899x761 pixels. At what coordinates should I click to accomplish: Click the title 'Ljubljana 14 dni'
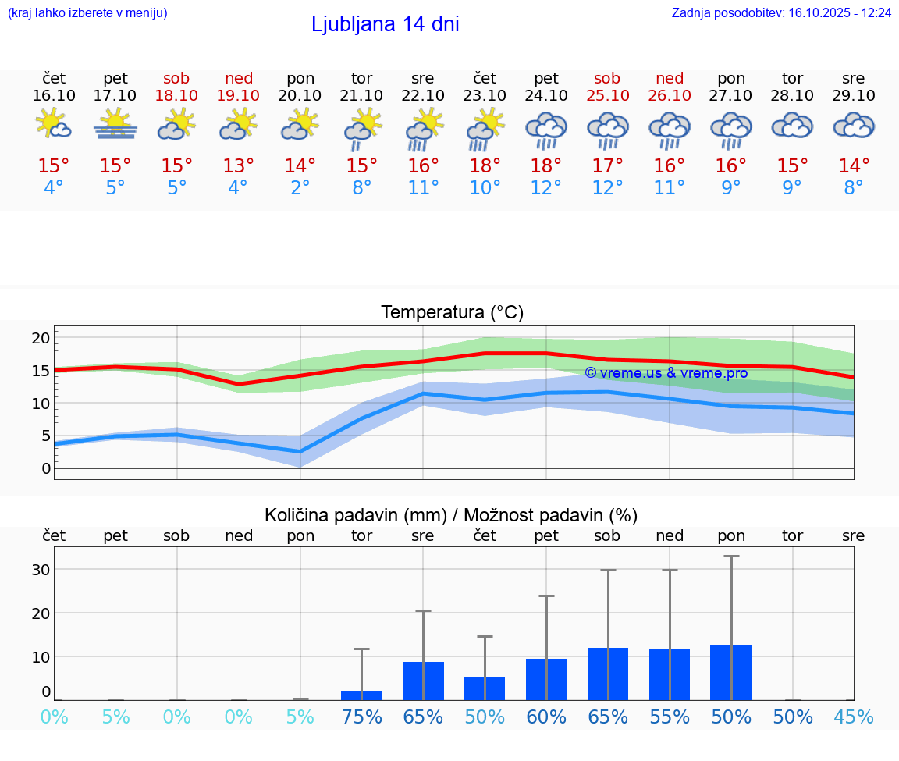coord(385,24)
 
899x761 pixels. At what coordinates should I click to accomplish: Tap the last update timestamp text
coord(781,13)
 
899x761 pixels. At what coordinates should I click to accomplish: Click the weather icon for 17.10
coord(115,124)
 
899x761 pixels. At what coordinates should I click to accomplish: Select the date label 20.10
coord(300,95)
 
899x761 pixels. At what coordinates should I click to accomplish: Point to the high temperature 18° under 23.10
coord(485,165)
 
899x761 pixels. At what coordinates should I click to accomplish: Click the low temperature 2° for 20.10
coord(300,188)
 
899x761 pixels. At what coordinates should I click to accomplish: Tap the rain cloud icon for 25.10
coord(608,129)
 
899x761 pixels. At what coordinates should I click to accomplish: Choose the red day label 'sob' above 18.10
coord(176,78)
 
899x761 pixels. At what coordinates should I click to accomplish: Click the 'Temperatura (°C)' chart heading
coord(452,312)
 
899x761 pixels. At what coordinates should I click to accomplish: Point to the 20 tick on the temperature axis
coord(41,338)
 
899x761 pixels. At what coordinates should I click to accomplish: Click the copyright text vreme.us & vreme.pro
coord(666,373)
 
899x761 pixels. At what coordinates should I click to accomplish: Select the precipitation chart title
coord(451,515)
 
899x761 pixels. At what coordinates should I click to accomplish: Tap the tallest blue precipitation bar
coord(730,672)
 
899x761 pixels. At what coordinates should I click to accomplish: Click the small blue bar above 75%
coord(361,695)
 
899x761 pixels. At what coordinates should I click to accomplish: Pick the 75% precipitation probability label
coord(361,717)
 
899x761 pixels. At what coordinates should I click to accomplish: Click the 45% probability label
coord(853,717)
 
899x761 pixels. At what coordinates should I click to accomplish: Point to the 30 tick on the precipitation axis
coord(41,570)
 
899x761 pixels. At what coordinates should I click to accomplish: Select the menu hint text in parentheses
coord(87,13)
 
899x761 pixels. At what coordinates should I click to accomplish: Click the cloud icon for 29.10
coord(854,125)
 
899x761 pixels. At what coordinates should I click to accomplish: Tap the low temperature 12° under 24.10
coord(546,188)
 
